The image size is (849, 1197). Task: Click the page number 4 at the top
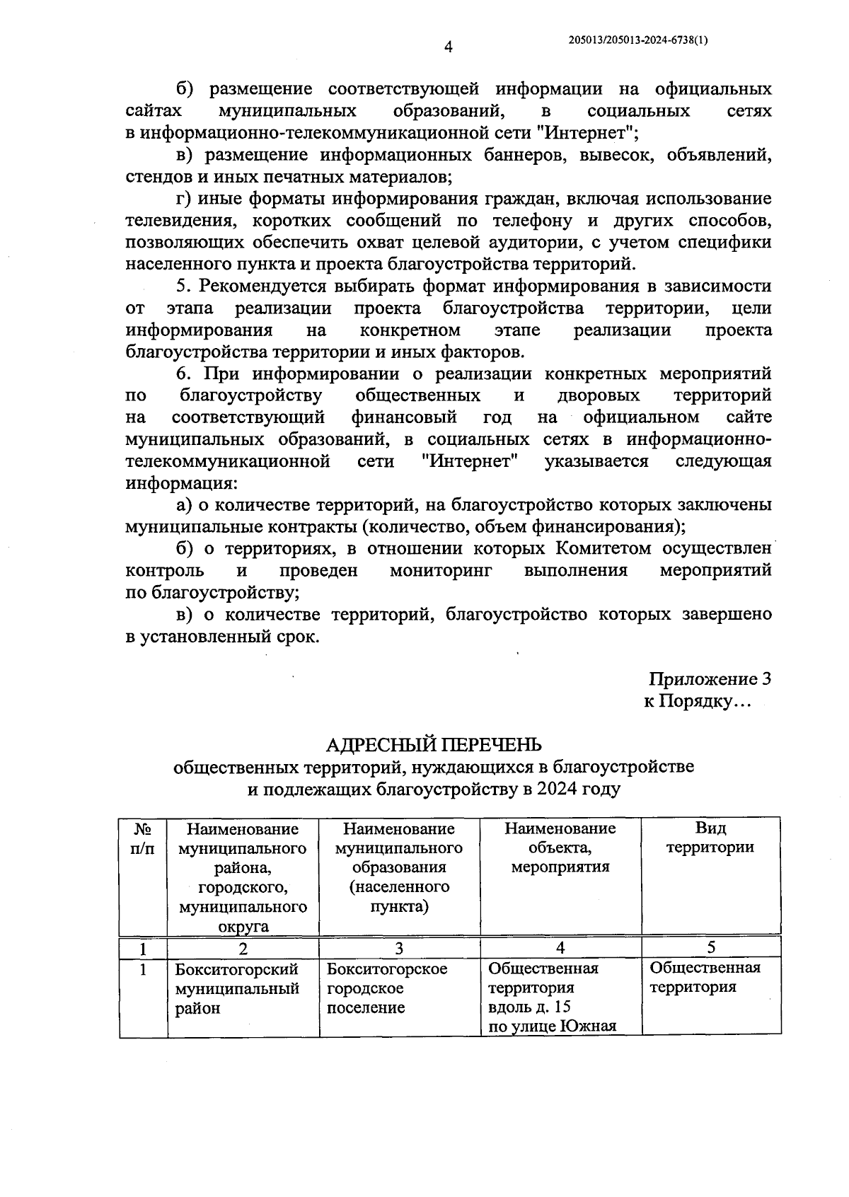pyautogui.click(x=447, y=48)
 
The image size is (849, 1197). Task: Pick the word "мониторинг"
pyautogui.click(x=441, y=570)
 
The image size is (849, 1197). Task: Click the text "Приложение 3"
pyautogui.click(x=709, y=679)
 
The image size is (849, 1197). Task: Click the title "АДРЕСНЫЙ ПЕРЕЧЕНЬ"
pyautogui.click(x=434, y=744)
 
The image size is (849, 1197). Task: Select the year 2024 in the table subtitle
pyautogui.click(x=556, y=789)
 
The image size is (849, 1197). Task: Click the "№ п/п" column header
pyautogui.click(x=143, y=838)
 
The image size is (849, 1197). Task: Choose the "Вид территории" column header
pyautogui.click(x=710, y=838)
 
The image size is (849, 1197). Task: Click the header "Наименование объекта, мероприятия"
pyautogui.click(x=560, y=848)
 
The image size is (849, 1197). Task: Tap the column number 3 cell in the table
pyautogui.click(x=399, y=948)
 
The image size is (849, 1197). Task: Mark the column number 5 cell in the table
pyautogui.click(x=710, y=947)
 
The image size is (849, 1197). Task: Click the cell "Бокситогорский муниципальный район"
pyautogui.click(x=237, y=988)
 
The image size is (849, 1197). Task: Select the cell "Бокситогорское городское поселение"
pyautogui.click(x=387, y=988)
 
